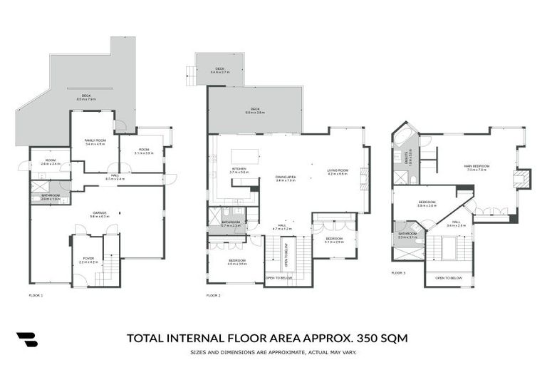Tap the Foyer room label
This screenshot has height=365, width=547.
click(x=88, y=259)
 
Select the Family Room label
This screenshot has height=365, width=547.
click(x=95, y=141)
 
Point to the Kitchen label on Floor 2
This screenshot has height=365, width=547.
click(x=239, y=169)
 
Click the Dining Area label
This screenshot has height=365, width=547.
click(x=286, y=178)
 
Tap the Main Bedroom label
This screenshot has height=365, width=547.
click(x=476, y=168)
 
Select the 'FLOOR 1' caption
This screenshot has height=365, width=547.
click(x=36, y=294)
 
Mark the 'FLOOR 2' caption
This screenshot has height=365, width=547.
click(x=214, y=294)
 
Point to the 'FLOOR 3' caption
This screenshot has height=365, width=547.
click(x=398, y=272)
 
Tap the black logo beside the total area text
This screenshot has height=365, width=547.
click(x=27, y=339)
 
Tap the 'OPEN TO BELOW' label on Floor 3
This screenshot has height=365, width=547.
click(x=449, y=277)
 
